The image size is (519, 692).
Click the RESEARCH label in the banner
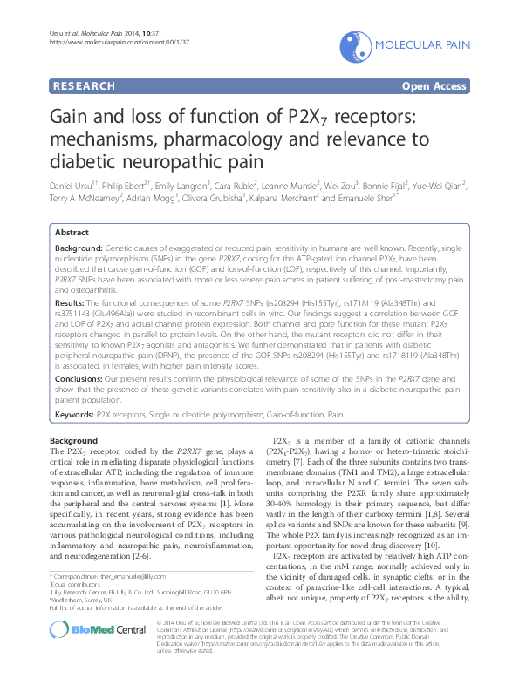(x=84, y=86)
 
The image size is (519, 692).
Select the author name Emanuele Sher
(x=365, y=199)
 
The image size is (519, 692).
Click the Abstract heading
(x=72, y=233)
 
